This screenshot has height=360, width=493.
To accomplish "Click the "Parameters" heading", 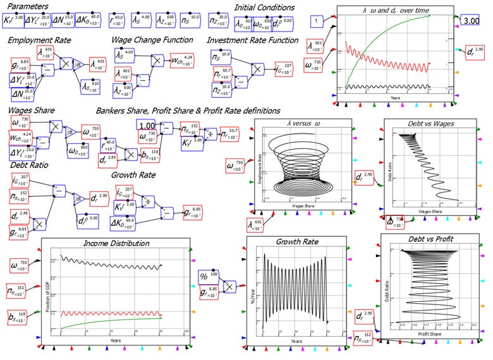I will pyautogui.click(x=30, y=7).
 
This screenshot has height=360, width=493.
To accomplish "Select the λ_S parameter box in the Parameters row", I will pyautogui.click(x=145, y=21).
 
